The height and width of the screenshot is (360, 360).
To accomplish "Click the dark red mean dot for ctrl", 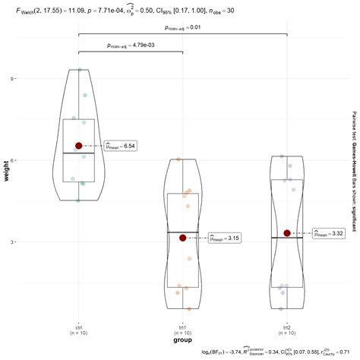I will [78, 145].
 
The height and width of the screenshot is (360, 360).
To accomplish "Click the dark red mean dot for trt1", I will [182, 238].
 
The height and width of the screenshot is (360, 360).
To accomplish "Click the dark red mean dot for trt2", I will [287, 233].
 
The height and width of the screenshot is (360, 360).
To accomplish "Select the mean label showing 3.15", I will [224, 238].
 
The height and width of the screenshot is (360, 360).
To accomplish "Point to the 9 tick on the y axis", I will [14, 78].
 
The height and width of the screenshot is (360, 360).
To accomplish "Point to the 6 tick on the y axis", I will [14, 160].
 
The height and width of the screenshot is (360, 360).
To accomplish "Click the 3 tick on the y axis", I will [14, 242].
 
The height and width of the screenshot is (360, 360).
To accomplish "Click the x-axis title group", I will [182, 340].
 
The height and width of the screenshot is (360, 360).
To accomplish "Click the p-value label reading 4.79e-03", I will [130, 46].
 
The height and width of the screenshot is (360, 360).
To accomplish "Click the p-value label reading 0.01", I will [182, 28].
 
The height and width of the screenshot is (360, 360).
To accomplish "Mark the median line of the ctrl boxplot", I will [78, 153].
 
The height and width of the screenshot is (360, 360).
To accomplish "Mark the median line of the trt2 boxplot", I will [287, 238].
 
